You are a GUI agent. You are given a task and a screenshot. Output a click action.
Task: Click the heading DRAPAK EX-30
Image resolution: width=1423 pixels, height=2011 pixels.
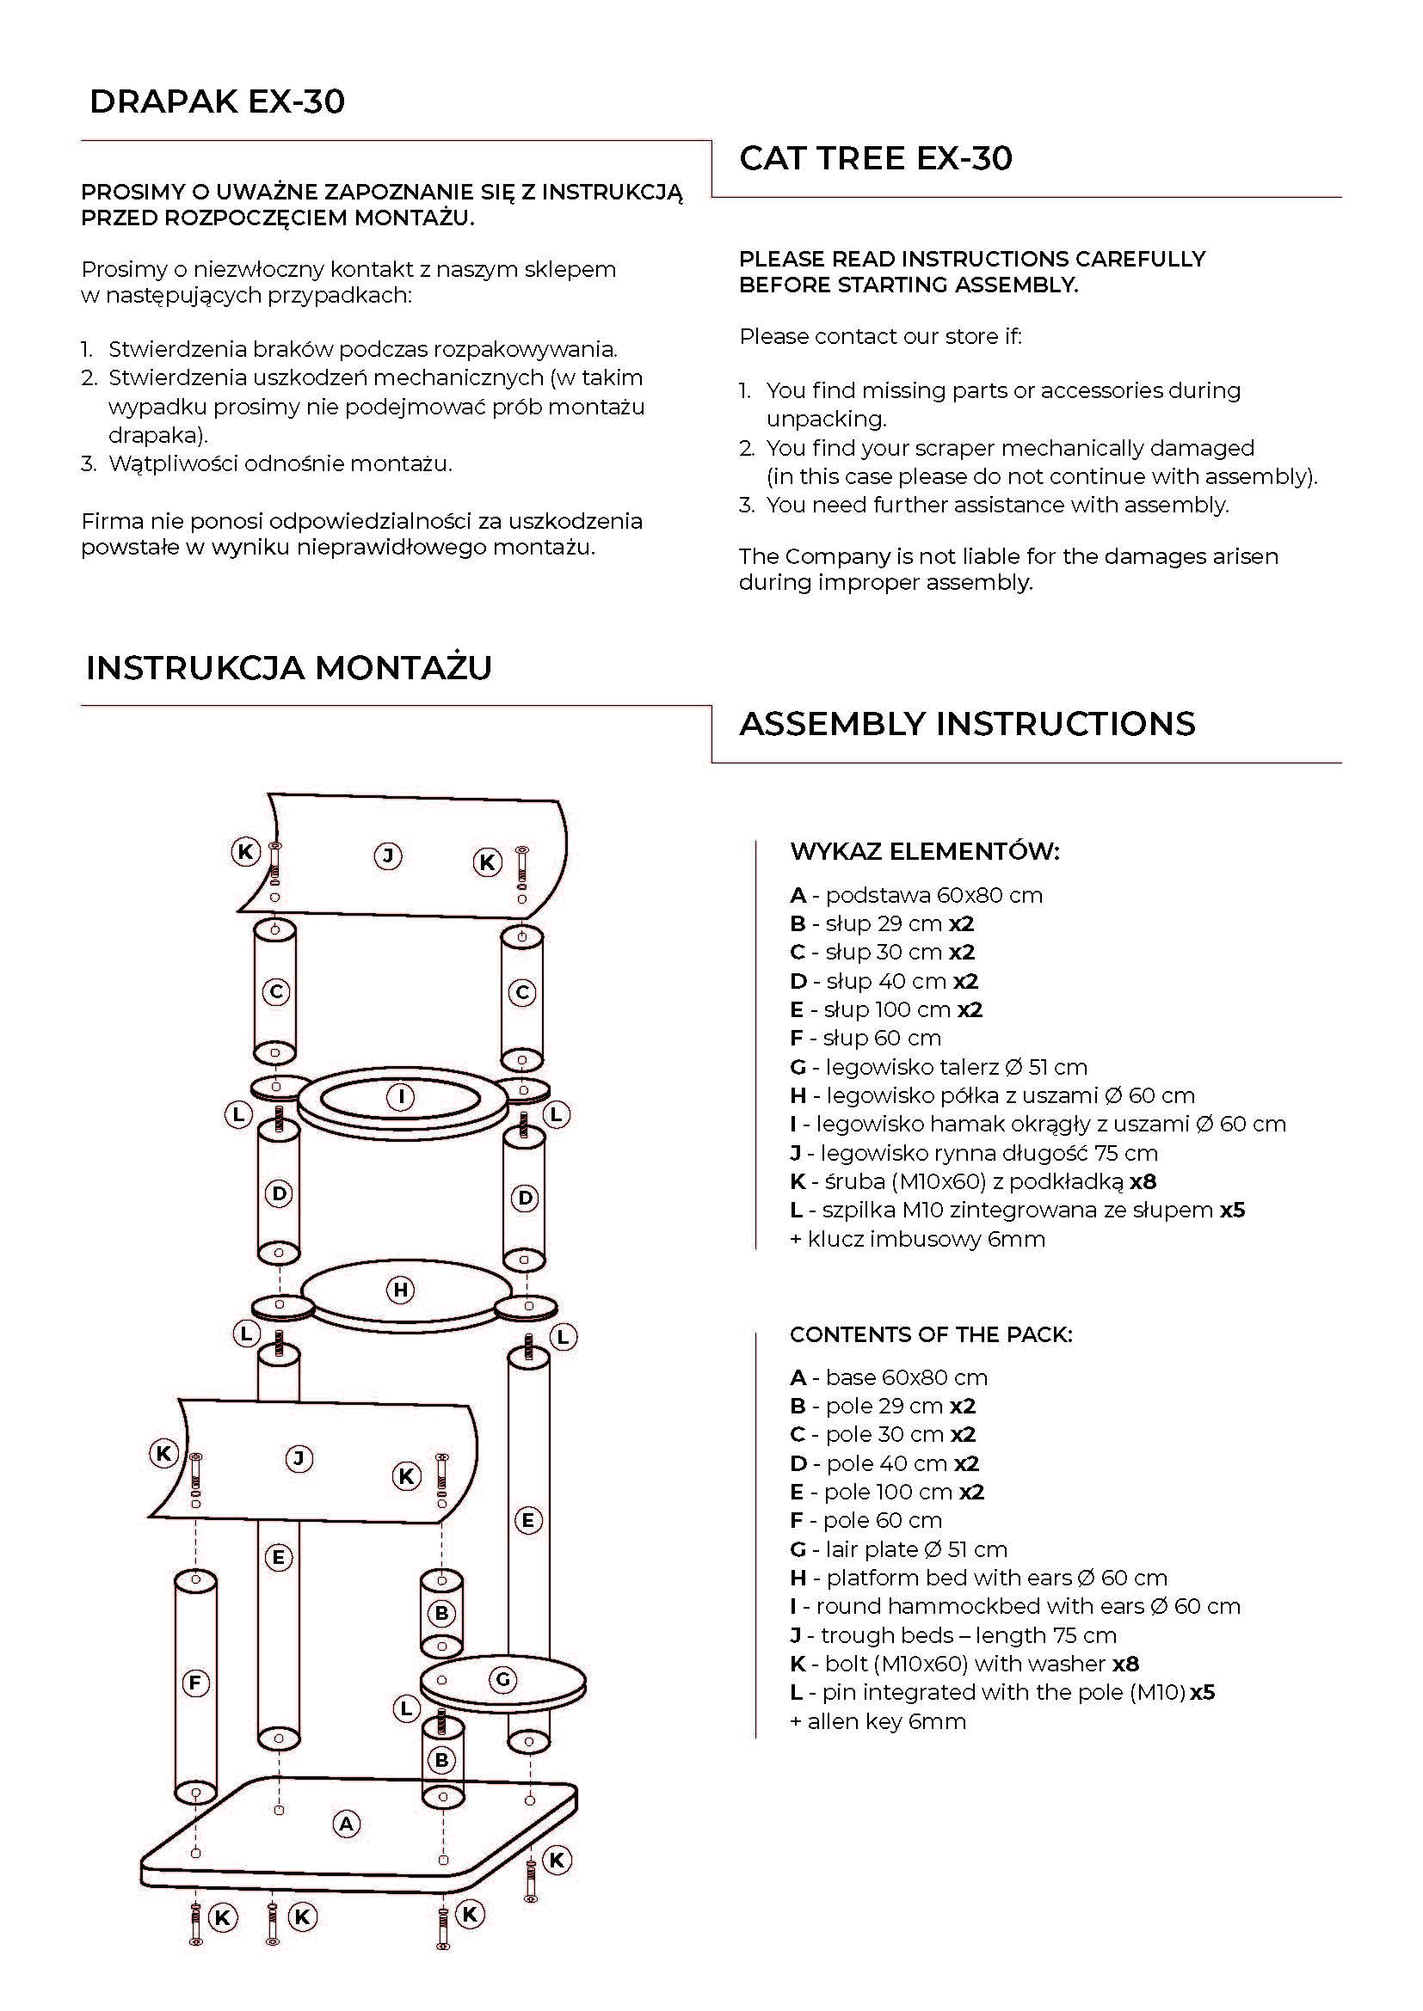point(218,101)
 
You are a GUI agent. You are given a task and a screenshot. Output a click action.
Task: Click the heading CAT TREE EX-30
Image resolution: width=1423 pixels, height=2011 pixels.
point(875,157)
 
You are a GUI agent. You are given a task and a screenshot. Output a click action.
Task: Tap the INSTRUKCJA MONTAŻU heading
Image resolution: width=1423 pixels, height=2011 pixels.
point(289,667)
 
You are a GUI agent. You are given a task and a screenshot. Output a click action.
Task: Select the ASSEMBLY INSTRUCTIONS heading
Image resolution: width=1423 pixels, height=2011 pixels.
point(967,723)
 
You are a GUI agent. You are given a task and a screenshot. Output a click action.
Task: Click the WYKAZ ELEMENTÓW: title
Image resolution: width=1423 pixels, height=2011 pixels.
point(924,851)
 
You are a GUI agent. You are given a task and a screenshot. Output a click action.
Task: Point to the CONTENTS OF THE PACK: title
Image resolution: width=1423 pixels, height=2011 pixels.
point(931,1335)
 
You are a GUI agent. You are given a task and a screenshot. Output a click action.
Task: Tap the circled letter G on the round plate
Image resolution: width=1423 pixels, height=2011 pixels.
point(503,1680)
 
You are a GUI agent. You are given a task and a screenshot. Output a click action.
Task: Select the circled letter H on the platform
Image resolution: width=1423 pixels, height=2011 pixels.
point(400,1291)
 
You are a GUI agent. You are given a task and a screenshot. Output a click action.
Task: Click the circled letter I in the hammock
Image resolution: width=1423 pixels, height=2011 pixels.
point(401,1096)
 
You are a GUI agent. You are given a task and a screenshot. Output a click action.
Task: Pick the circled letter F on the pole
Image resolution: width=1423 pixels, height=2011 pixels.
point(194,1683)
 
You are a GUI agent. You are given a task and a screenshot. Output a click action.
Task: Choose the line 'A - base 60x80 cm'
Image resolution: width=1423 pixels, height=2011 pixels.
point(889,1377)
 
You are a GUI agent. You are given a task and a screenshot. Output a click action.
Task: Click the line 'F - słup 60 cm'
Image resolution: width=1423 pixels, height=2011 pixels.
point(866,1038)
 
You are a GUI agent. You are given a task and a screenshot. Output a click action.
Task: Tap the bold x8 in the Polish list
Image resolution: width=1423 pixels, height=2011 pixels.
point(1143,1181)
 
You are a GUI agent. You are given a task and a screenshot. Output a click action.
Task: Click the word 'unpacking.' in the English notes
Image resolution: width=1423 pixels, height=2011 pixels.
point(826,419)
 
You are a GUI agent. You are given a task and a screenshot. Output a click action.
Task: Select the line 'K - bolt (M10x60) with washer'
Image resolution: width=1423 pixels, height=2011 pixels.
point(948,1665)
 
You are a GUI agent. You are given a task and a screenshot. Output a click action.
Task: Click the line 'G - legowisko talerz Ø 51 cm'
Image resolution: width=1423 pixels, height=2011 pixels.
point(939,1067)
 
